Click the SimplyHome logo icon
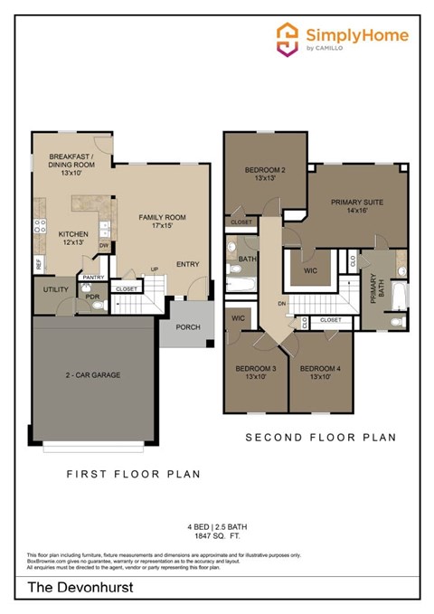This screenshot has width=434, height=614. pos(288,38)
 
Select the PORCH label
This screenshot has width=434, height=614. pos(187,327)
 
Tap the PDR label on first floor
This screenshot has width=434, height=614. pos(91,297)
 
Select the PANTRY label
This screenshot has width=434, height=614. pos(94,278)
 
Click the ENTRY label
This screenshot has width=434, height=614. pos(188,264)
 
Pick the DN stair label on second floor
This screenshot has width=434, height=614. pos(282,304)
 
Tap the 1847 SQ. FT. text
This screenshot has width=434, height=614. pos(216,536)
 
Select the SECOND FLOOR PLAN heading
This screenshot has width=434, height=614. pos(321,438)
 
